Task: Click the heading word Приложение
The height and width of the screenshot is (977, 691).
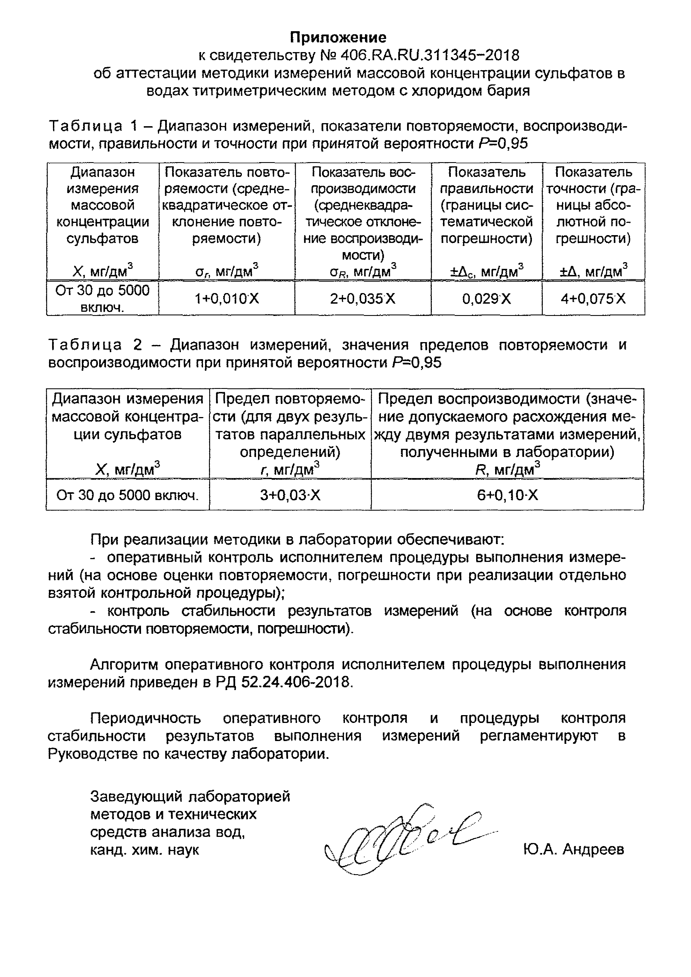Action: [x=338, y=38]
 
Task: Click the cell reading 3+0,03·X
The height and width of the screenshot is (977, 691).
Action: [x=290, y=495]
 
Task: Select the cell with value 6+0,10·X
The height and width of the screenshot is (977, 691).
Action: [x=507, y=495]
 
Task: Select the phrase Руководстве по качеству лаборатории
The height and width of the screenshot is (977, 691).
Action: [x=189, y=754]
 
